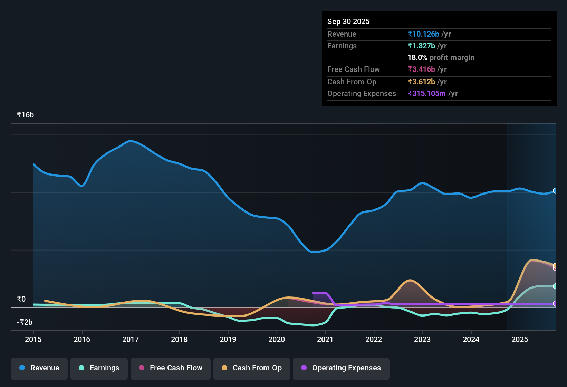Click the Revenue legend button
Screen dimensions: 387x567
(x=39, y=368)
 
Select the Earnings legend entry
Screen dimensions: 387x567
(x=99, y=368)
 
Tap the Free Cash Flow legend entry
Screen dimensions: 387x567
(x=171, y=368)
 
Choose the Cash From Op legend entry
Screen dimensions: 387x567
(x=252, y=368)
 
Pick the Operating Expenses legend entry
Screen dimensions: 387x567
(x=341, y=368)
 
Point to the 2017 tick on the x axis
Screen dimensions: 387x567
(x=131, y=339)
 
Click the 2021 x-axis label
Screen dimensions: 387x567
(x=325, y=339)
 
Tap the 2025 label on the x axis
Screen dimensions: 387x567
(x=520, y=339)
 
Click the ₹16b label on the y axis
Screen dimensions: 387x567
(x=25, y=115)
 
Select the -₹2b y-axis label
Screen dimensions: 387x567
(x=25, y=322)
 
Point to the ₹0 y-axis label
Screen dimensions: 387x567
(x=21, y=299)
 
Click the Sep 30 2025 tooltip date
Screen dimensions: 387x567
(x=348, y=21)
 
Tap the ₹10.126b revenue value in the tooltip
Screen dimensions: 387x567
(x=423, y=34)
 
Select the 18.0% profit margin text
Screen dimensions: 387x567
(x=441, y=57)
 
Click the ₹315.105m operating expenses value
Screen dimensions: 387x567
(x=426, y=93)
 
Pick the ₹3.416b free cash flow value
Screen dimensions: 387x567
(x=421, y=69)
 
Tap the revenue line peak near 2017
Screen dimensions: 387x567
(x=130, y=141)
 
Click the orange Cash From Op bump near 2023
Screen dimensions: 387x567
(x=410, y=280)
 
